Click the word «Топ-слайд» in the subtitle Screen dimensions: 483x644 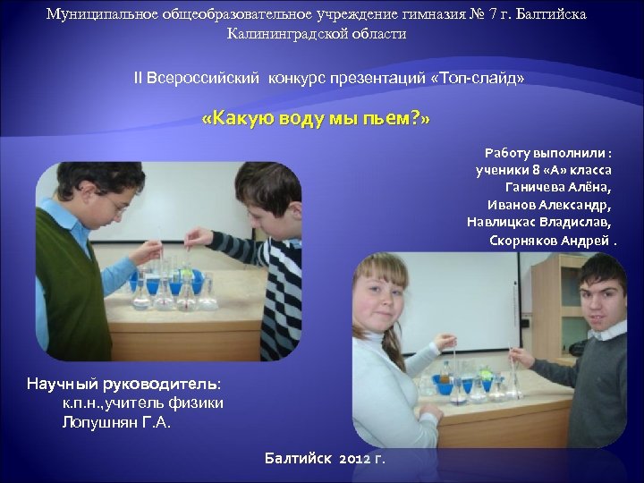478,78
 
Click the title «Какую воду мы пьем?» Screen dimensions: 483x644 317,120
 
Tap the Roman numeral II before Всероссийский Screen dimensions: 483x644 139,78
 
